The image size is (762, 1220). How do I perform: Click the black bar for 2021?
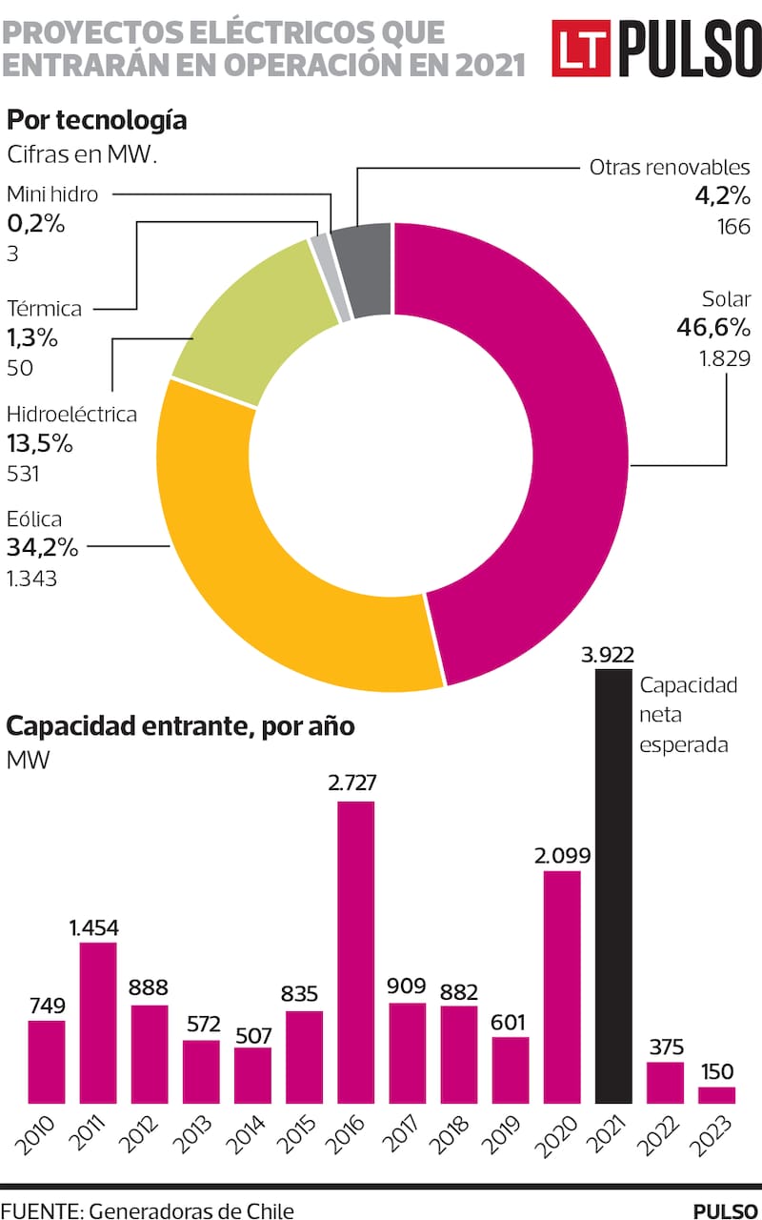point(613,886)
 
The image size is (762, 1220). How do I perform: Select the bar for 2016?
point(355,953)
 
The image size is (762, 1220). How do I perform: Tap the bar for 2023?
point(716,1095)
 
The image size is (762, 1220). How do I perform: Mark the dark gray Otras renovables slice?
point(368,269)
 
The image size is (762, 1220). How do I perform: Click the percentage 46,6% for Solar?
point(713,329)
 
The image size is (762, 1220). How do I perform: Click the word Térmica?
point(44,309)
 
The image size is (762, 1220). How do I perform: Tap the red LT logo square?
point(581,49)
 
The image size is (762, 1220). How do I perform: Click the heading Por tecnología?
point(96,121)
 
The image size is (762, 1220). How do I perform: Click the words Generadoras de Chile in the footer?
point(189,1210)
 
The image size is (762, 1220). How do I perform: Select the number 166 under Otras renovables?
point(734,227)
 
